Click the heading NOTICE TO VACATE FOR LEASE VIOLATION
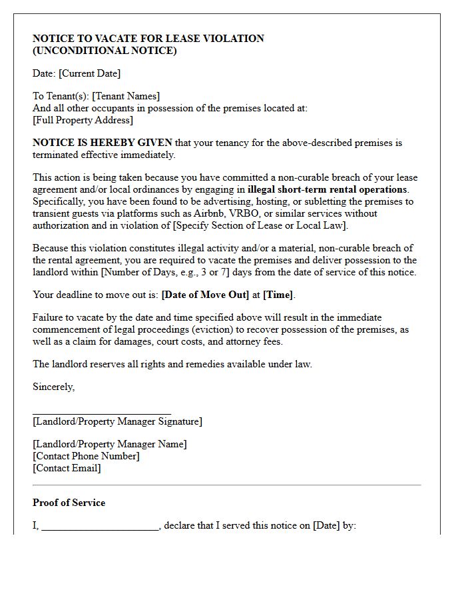point(148,39)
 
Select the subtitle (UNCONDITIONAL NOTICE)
point(105,51)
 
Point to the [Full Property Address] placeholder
point(83,121)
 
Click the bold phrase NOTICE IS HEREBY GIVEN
point(103,143)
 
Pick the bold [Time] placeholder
point(278,295)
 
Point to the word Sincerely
point(53,387)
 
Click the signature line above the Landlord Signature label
point(102,414)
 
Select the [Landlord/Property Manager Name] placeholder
point(110,444)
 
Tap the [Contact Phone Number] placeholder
point(86,456)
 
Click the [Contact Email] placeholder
point(67,468)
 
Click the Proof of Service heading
point(69,503)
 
